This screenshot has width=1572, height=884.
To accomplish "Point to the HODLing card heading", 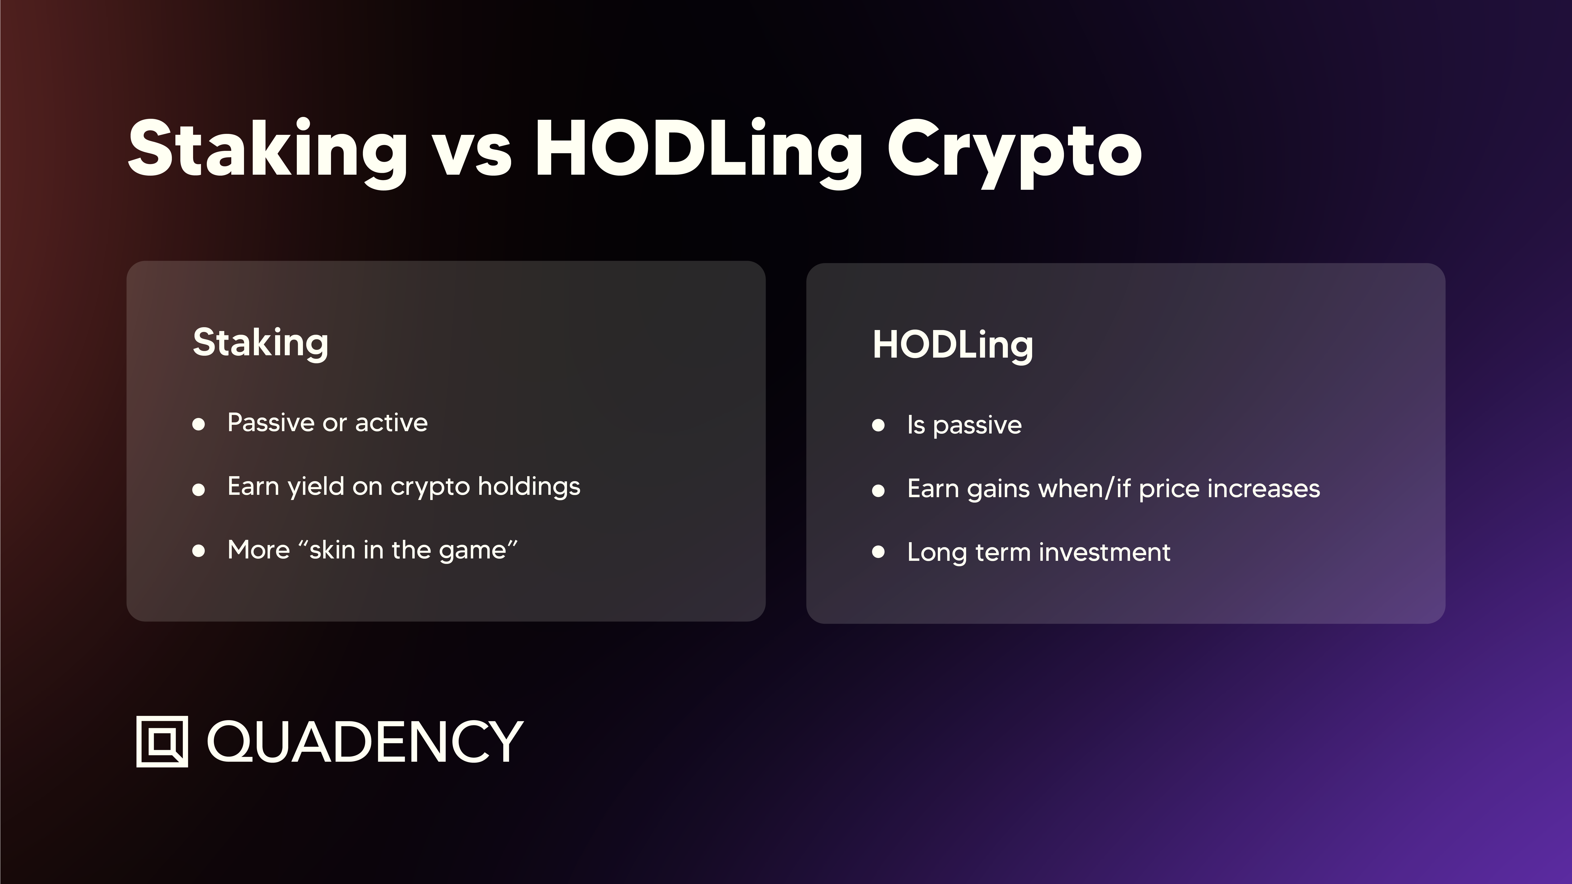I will [953, 345].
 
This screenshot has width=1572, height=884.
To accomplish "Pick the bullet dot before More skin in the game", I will [198, 551].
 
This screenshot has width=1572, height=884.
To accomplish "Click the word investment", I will [1105, 552].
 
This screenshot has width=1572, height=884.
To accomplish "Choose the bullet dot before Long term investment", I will [878, 552].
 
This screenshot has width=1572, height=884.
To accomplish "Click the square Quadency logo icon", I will [162, 741].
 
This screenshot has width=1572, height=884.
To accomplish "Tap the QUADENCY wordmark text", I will [365, 741].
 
